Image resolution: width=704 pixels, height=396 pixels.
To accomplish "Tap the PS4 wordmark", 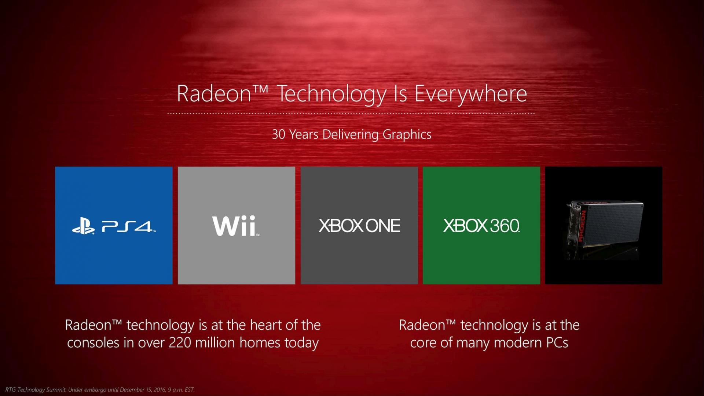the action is [127, 227].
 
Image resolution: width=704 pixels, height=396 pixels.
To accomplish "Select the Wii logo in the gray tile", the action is [235, 226].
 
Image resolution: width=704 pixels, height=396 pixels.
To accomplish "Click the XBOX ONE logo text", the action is [359, 226].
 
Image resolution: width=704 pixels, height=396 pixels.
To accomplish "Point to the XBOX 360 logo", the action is [481, 226].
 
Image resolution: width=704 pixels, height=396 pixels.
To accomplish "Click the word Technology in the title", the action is [331, 94].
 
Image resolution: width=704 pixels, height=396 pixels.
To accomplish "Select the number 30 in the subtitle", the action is [279, 134].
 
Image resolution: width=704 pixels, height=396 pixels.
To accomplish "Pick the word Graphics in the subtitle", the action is [407, 135].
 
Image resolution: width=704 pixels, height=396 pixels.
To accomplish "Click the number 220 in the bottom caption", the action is [180, 343].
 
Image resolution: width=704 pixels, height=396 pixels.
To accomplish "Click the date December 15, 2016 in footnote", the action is [143, 390].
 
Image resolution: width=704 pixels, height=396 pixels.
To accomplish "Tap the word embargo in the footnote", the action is [95, 390].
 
